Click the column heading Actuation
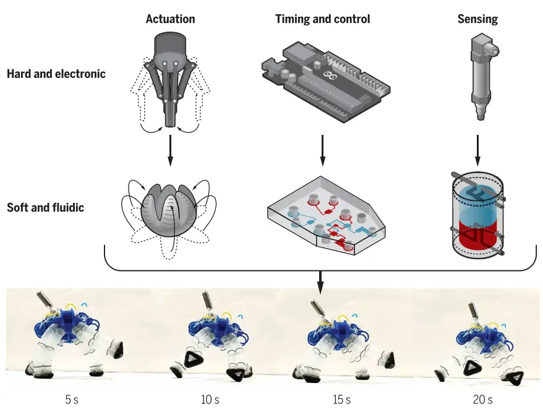point(170,19)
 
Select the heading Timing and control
point(322,19)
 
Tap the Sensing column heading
point(477,19)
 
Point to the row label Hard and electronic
point(56,74)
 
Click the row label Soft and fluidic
point(45,207)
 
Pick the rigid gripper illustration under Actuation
point(170,84)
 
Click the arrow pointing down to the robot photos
point(320,282)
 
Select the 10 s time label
point(210,399)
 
